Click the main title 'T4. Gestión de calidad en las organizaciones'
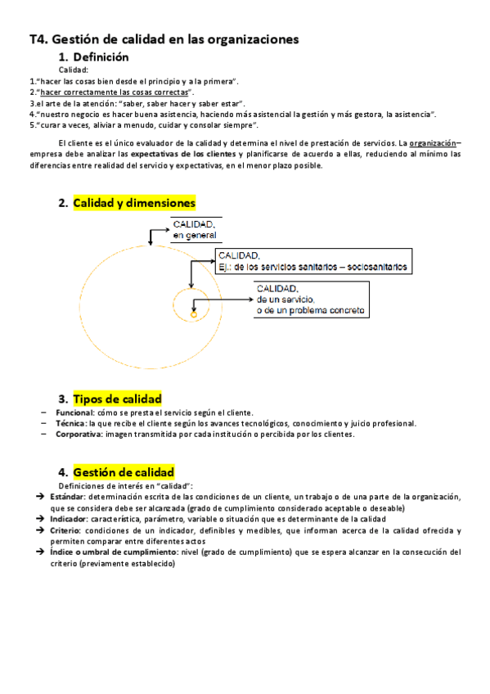pos(164,38)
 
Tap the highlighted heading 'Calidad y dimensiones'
pos(134,203)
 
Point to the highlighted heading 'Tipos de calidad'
pos(117,399)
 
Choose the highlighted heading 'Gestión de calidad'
pos(124,472)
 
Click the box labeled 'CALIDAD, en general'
pos(196,230)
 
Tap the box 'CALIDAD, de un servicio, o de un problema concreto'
pos(310,300)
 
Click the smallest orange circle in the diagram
pos(194,313)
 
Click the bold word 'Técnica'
pos(70,423)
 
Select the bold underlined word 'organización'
pos(433,142)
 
